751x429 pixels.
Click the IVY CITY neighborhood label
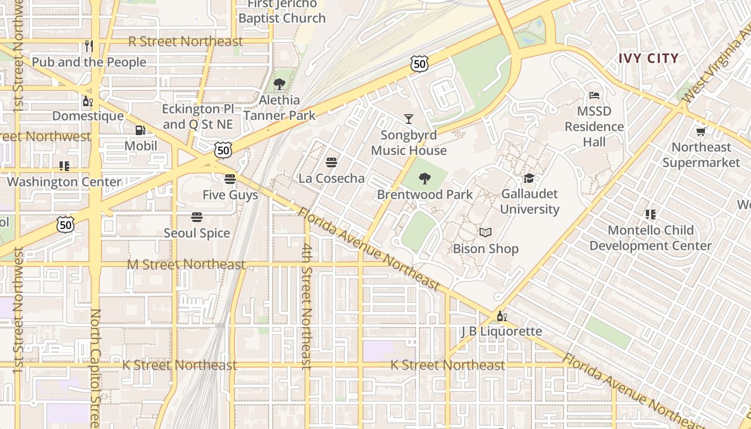coord(649,58)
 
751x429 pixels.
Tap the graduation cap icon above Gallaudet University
coord(529,179)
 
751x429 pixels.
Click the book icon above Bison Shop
coord(485,233)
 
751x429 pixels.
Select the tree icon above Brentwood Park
coord(425,179)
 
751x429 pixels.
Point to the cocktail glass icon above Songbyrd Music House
coord(409,119)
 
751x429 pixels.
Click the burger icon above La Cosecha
coord(332,162)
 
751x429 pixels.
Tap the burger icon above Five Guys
coord(230,179)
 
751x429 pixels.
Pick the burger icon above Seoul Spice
coord(197,217)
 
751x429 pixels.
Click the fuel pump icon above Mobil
coord(141,130)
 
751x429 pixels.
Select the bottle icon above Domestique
coord(87,100)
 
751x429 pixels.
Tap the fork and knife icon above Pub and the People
coord(89,46)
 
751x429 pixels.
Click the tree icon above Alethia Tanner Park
coord(279,84)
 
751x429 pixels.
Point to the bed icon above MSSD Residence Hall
coord(594,95)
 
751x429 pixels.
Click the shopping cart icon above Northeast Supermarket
coord(701,131)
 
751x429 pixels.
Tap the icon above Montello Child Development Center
coord(650,214)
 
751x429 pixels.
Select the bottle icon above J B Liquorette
coord(502,316)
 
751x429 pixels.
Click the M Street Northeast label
coord(186,264)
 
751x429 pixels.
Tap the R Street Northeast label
coord(186,41)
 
